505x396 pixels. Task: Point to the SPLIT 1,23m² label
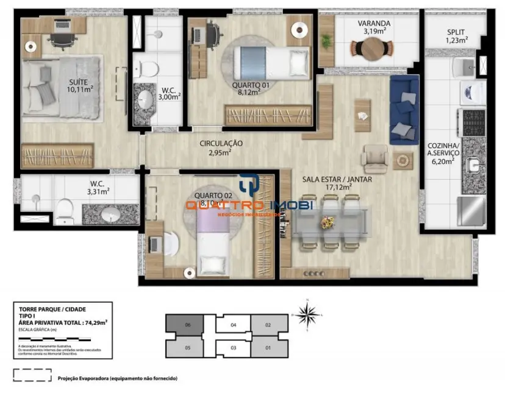(457, 37)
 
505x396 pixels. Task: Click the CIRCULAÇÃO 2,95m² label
(221, 147)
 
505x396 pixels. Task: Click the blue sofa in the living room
(404, 110)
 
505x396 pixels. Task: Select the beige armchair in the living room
(374, 159)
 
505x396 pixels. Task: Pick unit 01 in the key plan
(269, 348)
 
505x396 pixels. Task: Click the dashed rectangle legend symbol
(32, 376)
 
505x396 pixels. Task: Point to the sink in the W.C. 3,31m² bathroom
(110, 214)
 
